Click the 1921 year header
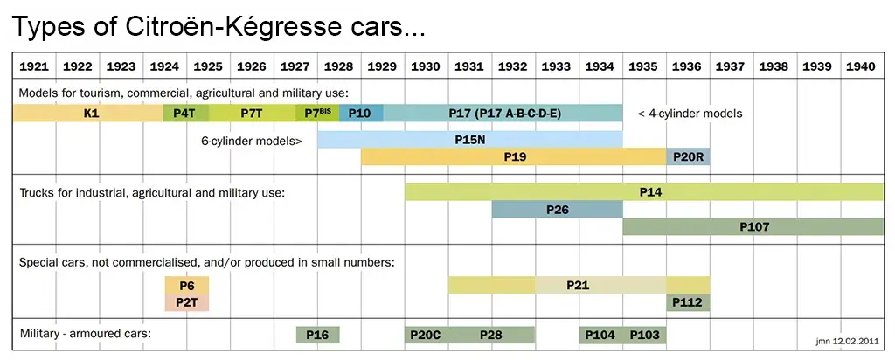coord(34,66)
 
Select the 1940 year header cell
coord(862,66)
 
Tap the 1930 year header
coord(426,66)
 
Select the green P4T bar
coord(185,113)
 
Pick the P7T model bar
coord(253,113)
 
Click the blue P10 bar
coord(360,113)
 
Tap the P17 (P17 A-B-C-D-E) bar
coord(503,113)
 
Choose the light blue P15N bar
coord(470,139)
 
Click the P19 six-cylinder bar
coord(514,157)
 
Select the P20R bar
coord(688,157)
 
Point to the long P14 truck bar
coord(644,191)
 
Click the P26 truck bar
coord(557,210)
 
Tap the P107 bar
coord(753,227)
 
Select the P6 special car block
coord(186,286)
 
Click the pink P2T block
coord(186,302)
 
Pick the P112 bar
coord(688,302)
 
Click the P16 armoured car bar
coord(317,335)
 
